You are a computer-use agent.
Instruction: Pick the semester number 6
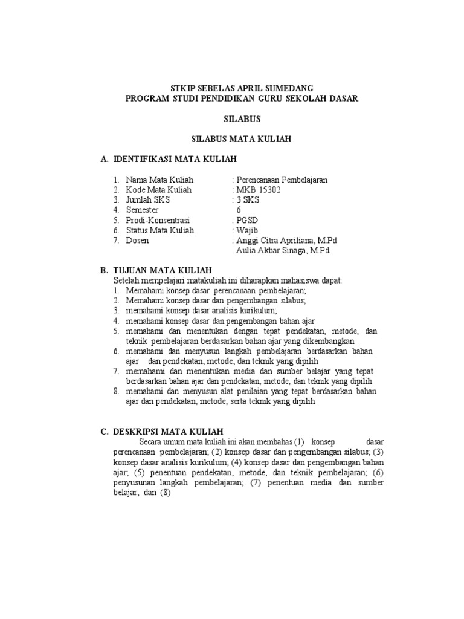239,210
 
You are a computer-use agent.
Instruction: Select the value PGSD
247,220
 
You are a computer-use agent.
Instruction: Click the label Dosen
137,241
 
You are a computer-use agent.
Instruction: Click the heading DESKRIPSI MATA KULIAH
168,431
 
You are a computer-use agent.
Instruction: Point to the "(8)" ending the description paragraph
164,493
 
